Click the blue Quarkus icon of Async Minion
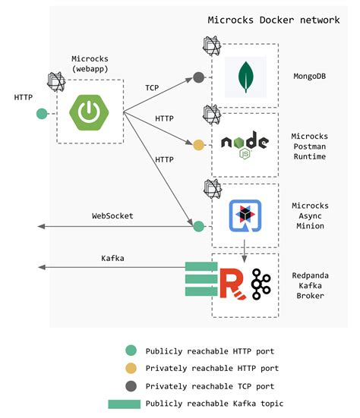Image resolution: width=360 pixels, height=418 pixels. (245, 215)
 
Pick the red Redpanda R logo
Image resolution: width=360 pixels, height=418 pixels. (230, 281)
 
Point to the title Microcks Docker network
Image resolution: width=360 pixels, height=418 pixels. (274, 20)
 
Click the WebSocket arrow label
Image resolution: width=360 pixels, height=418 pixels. (112, 216)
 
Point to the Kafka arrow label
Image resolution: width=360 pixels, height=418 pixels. (113, 259)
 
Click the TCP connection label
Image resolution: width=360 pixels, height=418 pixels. (152, 88)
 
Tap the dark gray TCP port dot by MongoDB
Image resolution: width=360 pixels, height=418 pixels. (199, 77)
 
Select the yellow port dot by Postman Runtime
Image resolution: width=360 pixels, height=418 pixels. (199, 144)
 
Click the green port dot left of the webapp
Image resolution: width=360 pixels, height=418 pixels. (42, 115)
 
